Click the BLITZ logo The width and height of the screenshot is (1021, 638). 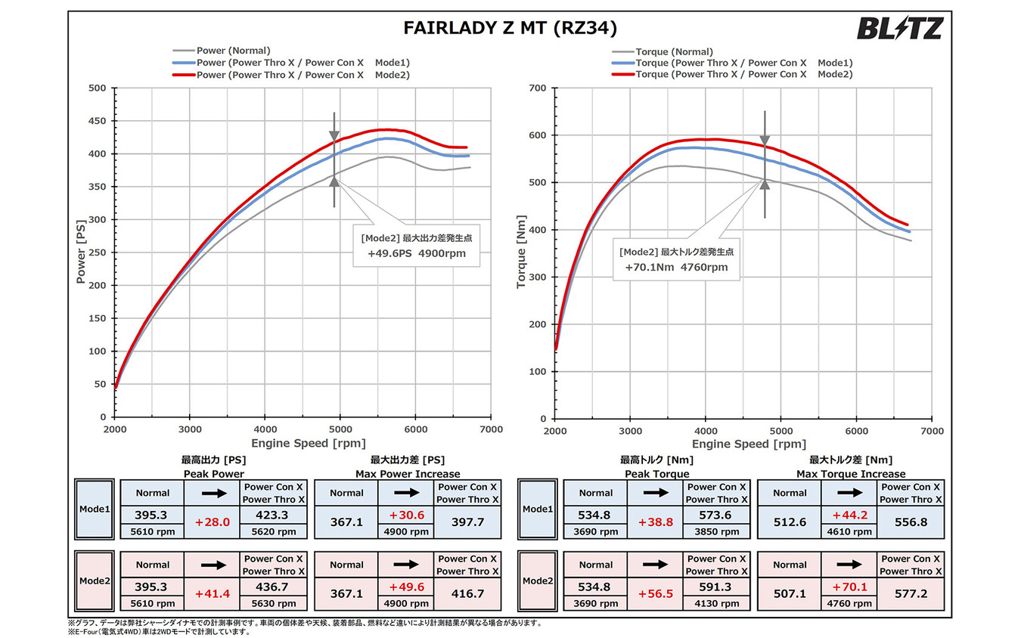[900, 29]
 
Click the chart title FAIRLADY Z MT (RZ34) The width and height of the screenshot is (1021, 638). [510, 29]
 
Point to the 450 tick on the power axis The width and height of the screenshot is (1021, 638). [96, 121]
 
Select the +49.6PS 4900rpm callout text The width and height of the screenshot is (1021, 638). [417, 253]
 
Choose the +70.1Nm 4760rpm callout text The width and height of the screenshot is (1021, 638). [676, 267]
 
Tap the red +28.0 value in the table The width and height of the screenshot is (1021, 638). [212, 522]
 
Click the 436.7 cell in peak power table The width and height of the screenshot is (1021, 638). [274, 587]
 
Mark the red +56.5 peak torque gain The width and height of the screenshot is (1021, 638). [655, 594]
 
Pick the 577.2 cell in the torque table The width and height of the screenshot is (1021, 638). [911, 594]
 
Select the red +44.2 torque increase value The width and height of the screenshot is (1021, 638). [849, 515]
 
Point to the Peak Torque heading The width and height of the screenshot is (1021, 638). [656, 474]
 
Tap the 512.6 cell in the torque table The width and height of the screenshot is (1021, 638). [790, 522]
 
